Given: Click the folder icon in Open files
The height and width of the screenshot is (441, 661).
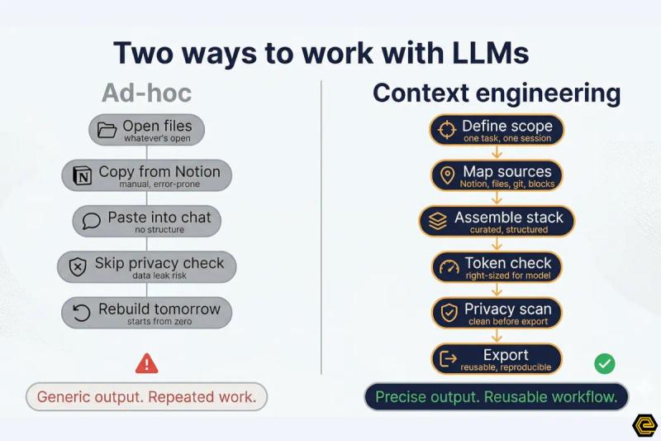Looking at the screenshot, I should coord(107,130).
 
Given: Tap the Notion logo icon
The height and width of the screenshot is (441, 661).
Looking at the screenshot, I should coord(83,175).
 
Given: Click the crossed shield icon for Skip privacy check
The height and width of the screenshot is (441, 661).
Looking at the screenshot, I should coord(78,266).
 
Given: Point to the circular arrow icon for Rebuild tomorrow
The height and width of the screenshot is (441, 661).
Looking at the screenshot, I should coord(81,312).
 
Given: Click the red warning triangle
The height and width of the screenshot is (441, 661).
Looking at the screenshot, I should coord(146,362).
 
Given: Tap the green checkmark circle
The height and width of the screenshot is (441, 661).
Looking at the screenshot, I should coord(605,362).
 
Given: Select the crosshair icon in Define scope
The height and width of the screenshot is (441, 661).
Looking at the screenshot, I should coord(446,130).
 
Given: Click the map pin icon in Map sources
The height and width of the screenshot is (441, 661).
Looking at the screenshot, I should coord(447,175).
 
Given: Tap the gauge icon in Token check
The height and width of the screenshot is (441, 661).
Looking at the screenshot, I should coord(449,266).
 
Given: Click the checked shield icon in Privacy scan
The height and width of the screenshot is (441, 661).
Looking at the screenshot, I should coord(449,312).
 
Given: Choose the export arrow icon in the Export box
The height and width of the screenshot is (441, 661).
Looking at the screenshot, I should coord(449,358).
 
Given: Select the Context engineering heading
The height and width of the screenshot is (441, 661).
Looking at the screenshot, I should coord(497,93).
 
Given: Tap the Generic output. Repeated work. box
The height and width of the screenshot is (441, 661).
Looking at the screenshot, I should coord(147,397).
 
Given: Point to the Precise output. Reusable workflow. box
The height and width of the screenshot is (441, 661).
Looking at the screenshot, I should coord(497,397).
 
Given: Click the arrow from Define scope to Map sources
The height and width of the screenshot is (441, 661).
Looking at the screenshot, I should coord(497,152).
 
